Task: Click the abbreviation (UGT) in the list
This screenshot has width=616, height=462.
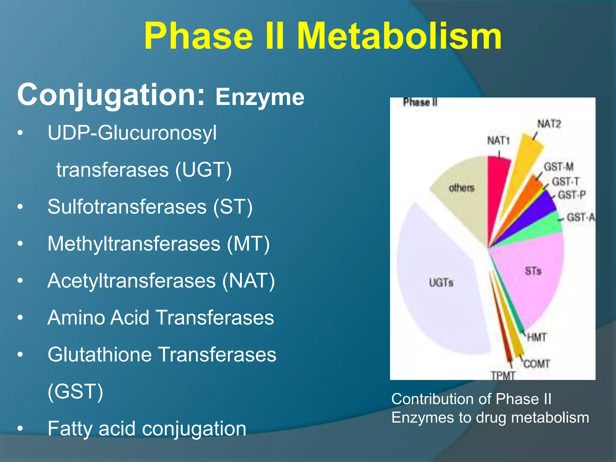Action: tap(203, 170)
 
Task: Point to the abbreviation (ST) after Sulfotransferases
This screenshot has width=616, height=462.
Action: tap(233, 207)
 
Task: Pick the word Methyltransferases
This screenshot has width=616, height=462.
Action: tap(134, 244)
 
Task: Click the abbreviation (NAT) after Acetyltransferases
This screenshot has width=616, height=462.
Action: tap(248, 281)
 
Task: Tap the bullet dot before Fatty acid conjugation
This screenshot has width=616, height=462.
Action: tap(20, 428)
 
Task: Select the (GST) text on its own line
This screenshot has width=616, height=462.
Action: tap(75, 391)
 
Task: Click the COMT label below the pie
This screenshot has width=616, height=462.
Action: tap(537, 364)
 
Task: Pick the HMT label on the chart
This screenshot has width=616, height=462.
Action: tap(537, 337)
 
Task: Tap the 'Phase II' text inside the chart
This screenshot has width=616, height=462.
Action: tap(420, 103)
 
